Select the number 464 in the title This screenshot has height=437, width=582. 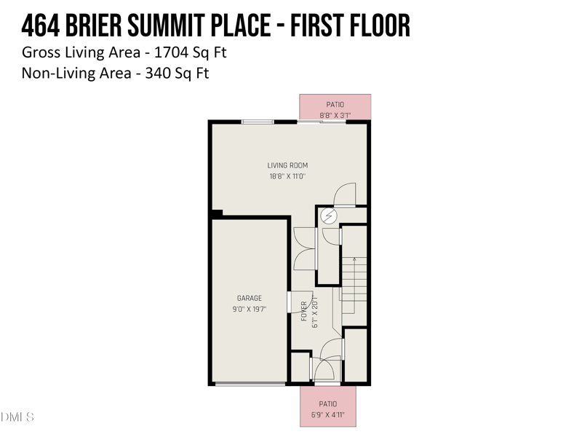pyautogui.click(x=40, y=26)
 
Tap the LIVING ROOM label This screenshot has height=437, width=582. pyautogui.click(x=287, y=165)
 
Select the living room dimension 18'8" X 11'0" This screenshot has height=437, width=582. pyautogui.click(x=287, y=176)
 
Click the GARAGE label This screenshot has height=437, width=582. pyautogui.click(x=250, y=298)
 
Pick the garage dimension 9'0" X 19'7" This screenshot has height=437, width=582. pyautogui.click(x=250, y=308)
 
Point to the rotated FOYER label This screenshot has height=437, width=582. pyautogui.click(x=305, y=311)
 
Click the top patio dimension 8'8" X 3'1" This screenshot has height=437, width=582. pyautogui.click(x=335, y=115)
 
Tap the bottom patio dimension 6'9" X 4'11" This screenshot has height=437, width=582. pyautogui.click(x=327, y=415)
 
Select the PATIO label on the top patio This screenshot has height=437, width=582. pyautogui.click(x=335, y=105)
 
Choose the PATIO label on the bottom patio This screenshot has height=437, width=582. pyautogui.click(x=327, y=404)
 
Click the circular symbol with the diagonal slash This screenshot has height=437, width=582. pyautogui.click(x=329, y=216)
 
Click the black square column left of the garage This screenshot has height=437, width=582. pyautogui.click(x=216, y=213)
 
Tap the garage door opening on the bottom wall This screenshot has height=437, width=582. pyautogui.click(x=250, y=383)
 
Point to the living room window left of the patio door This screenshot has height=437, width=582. pyautogui.click(x=258, y=122)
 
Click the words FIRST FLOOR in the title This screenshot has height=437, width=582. pyautogui.click(x=351, y=26)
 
